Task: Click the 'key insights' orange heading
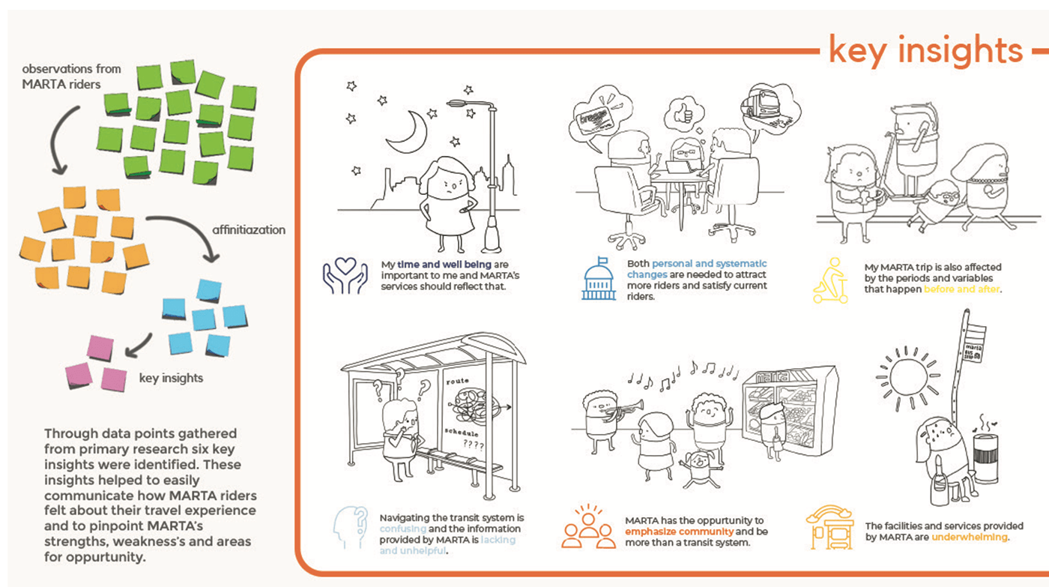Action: pyautogui.click(x=925, y=50)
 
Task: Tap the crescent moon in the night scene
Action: pyautogui.click(x=411, y=130)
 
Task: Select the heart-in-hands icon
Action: pyautogui.click(x=345, y=276)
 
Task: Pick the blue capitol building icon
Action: pyautogui.click(x=598, y=280)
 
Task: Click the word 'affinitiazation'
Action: pyautogui.click(x=247, y=230)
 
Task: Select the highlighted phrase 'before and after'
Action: pyautogui.click(x=963, y=289)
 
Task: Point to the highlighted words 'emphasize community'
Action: pyautogui.click(x=670, y=532)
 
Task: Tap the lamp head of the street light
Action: pyautogui.click(x=459, y=106)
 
